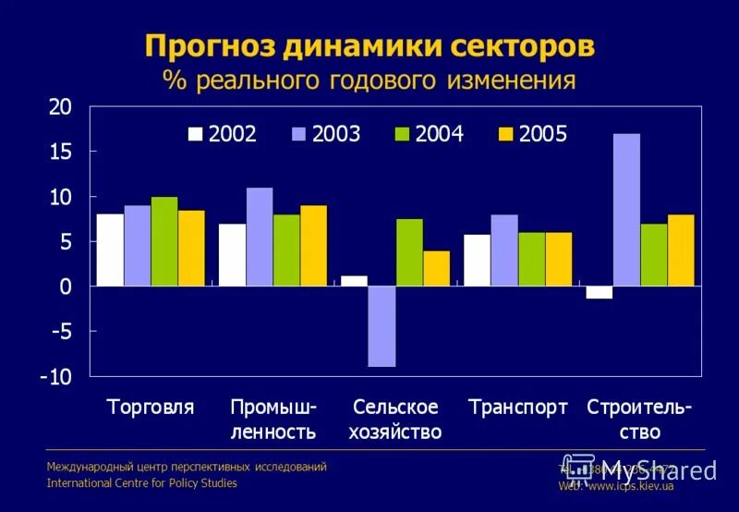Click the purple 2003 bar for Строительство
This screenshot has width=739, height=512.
click(626, 210)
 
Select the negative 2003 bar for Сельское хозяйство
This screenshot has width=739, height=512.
click(382, 326)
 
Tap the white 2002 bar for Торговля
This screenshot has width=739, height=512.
click(110, 250)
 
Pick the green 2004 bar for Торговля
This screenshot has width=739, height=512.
click(164, 241)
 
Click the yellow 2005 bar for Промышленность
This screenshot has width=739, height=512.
click(313, 245)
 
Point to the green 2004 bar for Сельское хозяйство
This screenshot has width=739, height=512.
click(409, 252)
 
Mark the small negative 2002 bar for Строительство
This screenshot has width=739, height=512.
click(599, 292)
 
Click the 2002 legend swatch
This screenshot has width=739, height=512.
click(195, 134)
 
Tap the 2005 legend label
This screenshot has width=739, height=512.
click(542, 134)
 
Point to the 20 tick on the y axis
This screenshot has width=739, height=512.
click(60, 107)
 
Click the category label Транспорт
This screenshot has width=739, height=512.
click(518, 408)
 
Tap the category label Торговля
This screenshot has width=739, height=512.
click(151, 408)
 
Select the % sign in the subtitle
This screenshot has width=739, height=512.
click(175, 79)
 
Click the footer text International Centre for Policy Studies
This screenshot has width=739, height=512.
click(141, 483)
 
